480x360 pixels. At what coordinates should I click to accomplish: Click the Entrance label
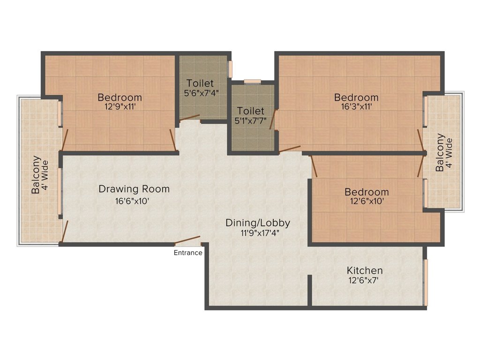[188, 253]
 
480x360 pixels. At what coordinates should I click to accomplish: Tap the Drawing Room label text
[134, 189]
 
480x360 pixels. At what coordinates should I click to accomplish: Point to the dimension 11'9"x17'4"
[258, 232]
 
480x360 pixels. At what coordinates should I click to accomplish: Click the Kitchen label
[365, 270]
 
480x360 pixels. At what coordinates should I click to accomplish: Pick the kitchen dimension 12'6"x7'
[362, 280]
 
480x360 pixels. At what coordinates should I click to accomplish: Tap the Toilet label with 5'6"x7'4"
[200, 83]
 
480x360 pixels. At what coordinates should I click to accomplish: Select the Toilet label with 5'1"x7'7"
[250, 111]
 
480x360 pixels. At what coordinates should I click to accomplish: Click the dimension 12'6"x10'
[367, 201]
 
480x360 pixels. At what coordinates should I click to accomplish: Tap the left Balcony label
[35, 174]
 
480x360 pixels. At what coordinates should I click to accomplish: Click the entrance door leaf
[188, 240]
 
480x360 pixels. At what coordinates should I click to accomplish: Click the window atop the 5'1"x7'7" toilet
[253, 82]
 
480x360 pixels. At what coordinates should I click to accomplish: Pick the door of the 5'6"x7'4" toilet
[189, 118]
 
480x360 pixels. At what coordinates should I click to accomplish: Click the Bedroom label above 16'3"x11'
[356, 97]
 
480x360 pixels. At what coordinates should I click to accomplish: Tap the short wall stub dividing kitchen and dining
[309, 290]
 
